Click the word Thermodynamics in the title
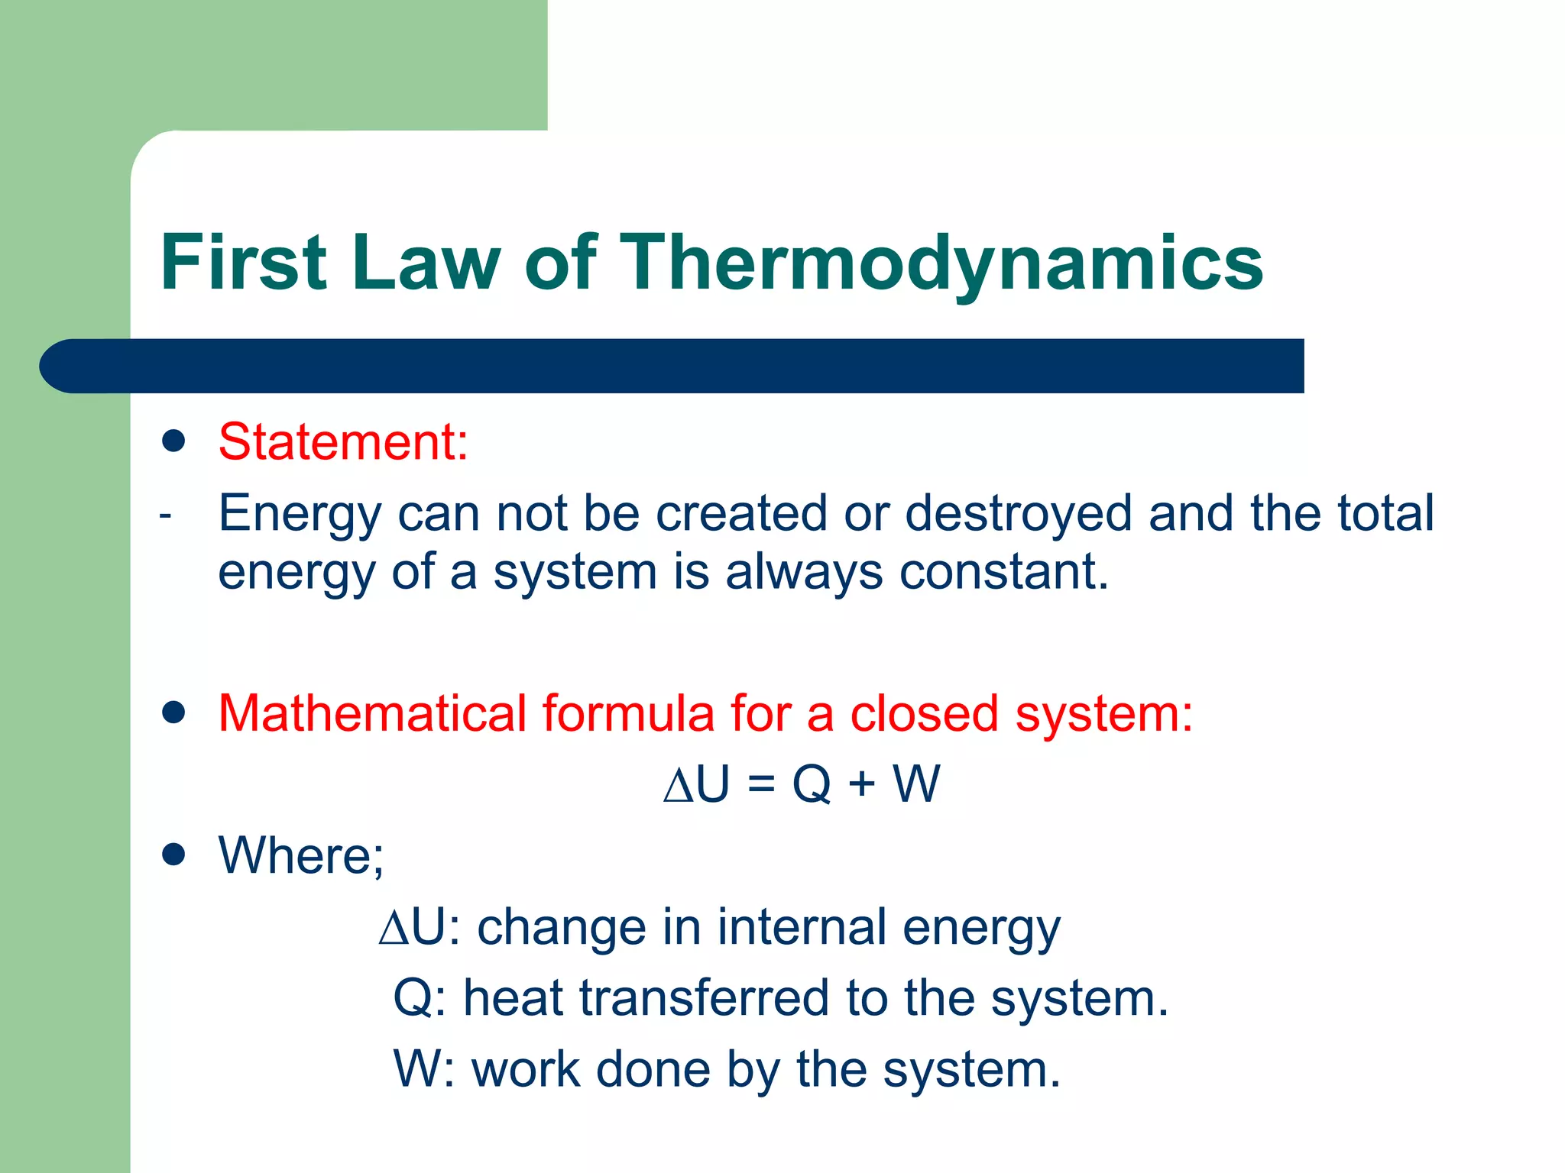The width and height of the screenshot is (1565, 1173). (x=944, y=263)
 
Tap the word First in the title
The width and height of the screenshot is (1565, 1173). (x=244, y=263)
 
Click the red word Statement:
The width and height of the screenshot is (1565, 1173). (x=343, y=442)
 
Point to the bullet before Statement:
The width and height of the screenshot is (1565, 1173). (x=174, y=441)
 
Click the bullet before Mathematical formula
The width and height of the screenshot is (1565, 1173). (x=174, y=713)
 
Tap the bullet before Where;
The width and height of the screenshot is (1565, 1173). (x=174, y=855)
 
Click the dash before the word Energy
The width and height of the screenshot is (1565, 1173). (x=165, y=516)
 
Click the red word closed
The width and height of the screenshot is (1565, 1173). (x=924, y=713)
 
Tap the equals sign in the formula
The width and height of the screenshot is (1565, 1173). (x=761, y=784)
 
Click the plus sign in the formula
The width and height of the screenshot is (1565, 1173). (x=862, y=784)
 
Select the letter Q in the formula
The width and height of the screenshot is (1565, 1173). (x=812, y=784)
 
